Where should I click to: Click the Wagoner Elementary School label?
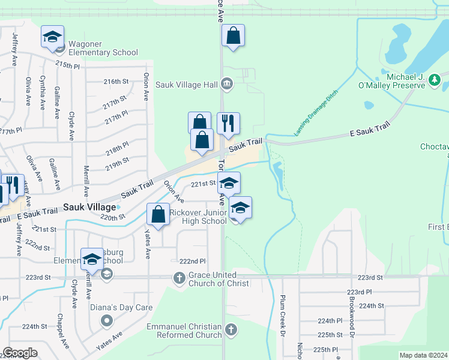103,48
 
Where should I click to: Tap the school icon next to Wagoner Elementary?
53,37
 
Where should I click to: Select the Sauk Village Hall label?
186,85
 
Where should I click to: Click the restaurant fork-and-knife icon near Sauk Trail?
228,124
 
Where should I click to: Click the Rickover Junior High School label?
197,217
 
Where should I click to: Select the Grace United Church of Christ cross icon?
179,278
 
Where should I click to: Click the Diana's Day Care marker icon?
107,319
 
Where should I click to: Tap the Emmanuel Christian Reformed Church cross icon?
231,329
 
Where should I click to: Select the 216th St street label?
116,81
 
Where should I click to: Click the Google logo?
20,353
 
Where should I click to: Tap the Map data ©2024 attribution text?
423,355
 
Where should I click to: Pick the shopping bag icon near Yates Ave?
158,214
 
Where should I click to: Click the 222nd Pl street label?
192,261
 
